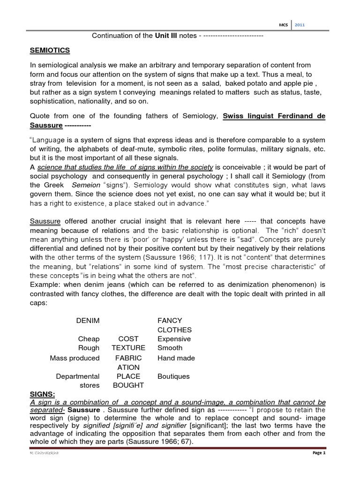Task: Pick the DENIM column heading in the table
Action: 88,321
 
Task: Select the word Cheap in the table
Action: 89,339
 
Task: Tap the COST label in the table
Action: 128,339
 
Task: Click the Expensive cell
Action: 174,339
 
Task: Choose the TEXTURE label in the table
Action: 128,348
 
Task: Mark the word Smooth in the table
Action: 170,348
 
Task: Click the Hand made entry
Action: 176,358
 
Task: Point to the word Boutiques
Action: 173,376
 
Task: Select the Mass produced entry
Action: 75,358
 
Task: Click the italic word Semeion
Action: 86,185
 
